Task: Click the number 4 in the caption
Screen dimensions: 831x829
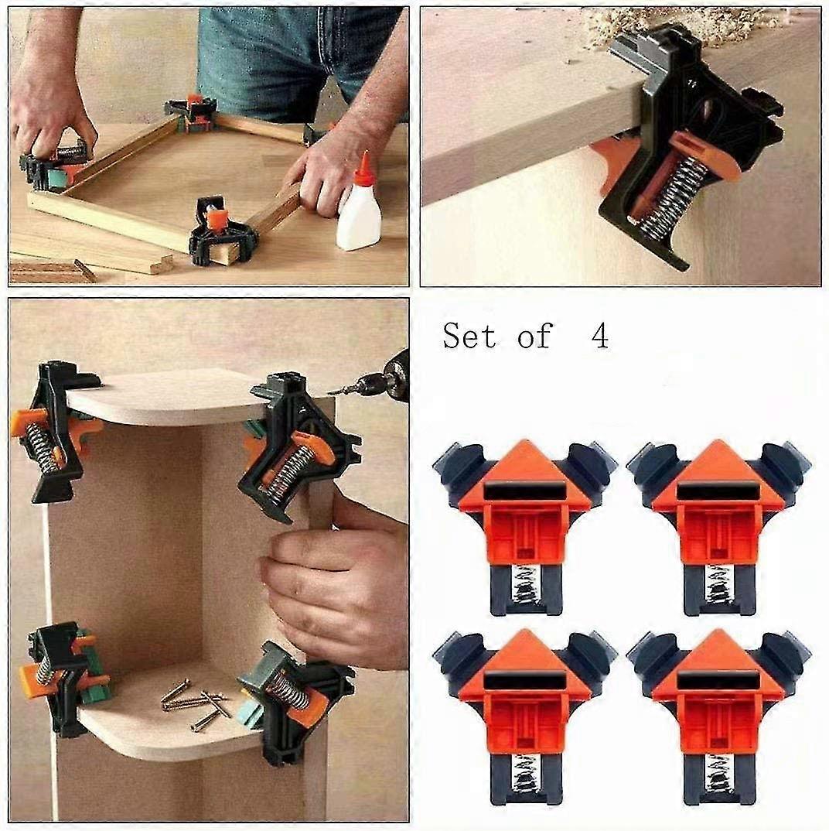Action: (599, 337)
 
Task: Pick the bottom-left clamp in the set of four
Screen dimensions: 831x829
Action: (525, 708)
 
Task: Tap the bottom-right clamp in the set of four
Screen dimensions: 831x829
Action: (718, 708)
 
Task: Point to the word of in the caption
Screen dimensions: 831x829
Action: (535, 337)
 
